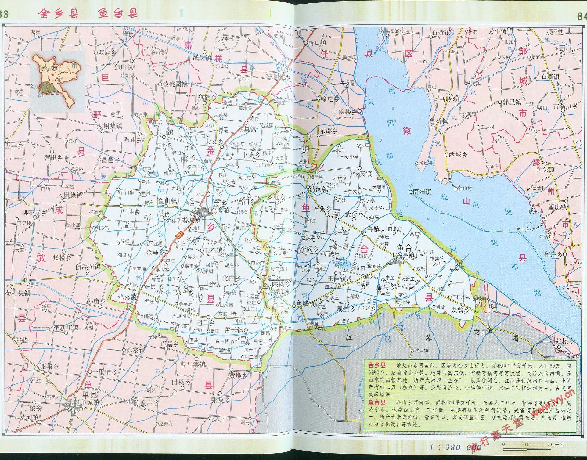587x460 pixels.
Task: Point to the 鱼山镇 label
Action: pyautogui.click(x=167, y=201)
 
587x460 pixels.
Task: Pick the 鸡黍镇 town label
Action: pyautogui.click(x=127, y=297)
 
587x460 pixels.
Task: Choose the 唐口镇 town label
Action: pyautogui.click(x=317, y=43)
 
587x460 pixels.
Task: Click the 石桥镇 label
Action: pyautogui.click(x=441, y=32)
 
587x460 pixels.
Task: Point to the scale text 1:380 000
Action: pyautogui.click(x=455, y=447)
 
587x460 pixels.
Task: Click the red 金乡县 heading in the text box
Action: pyautogui.click(x=377, y=365)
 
